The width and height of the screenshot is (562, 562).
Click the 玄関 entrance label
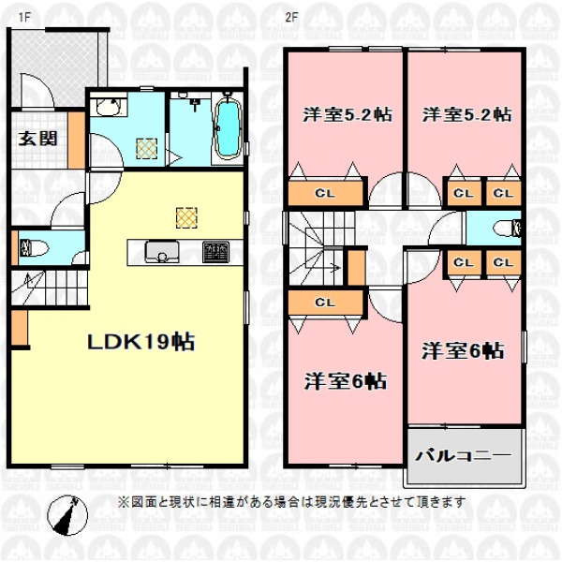[x=38, y=139]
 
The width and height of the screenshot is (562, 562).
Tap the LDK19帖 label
[x=141, y=342]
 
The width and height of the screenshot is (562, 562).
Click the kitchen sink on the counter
[x=162, y=252]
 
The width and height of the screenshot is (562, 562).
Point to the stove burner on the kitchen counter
[x=215, y=252]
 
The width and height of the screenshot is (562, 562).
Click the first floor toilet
[x=35, y=248]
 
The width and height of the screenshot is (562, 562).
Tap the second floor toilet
[x=507, y=229]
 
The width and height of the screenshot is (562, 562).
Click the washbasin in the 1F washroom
[x=110, y=107]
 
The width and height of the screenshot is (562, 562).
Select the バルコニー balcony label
[x=463, y=455]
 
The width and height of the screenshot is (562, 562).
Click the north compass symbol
[x=67, y=516]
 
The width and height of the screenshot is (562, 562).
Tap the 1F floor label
[x=24, y=17]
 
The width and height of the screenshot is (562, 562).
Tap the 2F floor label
[x=291, y=17]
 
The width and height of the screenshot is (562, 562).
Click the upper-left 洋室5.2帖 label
[x=348, y=114]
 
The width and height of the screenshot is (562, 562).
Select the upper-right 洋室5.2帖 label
[x=466, y=114]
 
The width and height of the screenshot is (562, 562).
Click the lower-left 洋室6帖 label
[x=346, y=381]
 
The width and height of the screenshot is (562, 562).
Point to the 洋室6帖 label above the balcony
[x=463, y=351]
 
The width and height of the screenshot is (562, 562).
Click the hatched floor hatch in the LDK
[x=186, y=217]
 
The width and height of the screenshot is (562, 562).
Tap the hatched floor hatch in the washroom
[x=147, y=148]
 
